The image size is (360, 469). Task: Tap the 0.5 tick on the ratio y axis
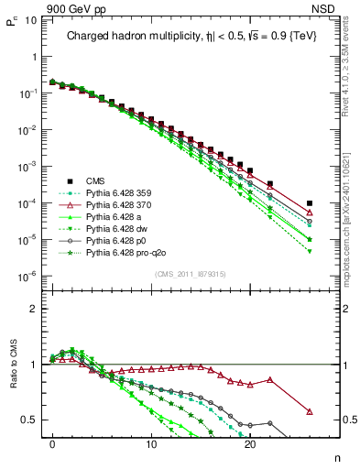(27, 420)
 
